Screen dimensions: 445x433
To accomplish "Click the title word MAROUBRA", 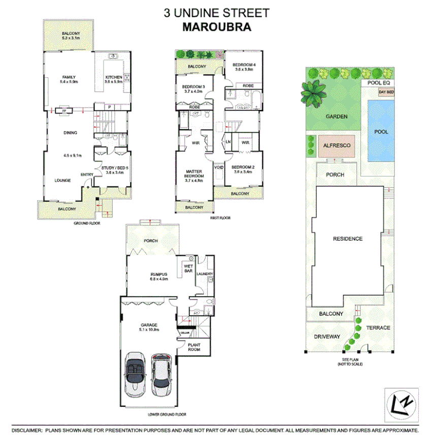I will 216,27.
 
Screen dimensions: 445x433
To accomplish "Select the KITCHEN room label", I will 113,77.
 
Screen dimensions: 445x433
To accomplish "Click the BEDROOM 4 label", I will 244,65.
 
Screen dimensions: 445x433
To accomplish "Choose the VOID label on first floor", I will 219,167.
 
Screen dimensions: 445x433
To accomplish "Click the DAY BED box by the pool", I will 386,92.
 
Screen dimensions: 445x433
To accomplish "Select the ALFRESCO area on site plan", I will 337,145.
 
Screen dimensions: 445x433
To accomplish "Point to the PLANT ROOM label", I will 194,347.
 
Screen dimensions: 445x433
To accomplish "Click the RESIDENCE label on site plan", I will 347,238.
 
